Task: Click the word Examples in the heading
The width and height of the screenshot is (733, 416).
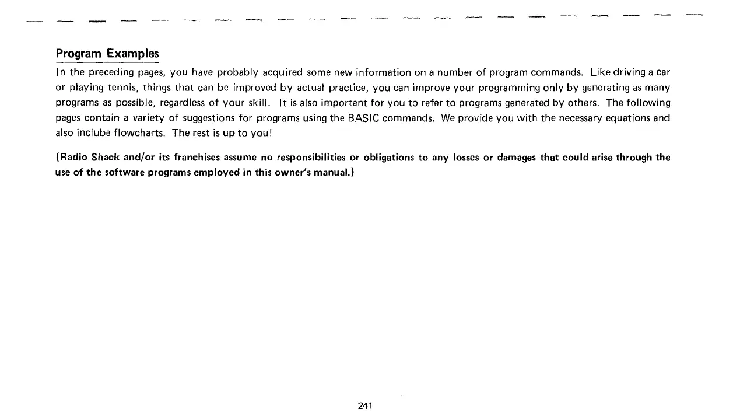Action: point(133,54)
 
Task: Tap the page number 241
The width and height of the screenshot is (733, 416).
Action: point(365,405)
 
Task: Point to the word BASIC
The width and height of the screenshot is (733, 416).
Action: point(364,118)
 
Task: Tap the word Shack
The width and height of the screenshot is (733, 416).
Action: point(106,158)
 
